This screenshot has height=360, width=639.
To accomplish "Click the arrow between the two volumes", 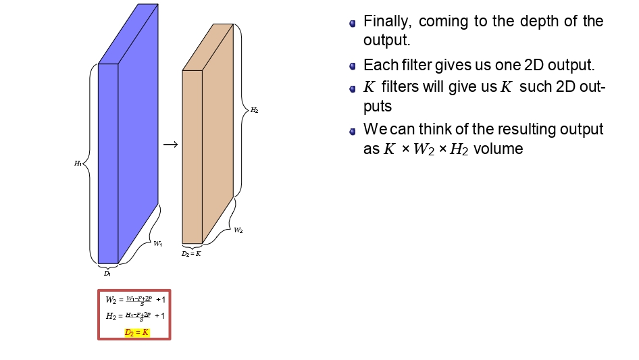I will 171,145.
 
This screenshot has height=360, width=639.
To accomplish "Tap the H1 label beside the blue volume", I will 78,163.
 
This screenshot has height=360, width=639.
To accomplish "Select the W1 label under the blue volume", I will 157,244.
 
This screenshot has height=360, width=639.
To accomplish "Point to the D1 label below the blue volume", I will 107,274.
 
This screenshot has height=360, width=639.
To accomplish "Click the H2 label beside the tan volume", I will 254,110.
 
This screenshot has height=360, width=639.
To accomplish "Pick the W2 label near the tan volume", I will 238,230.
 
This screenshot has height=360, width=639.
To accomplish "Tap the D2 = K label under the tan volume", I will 191,254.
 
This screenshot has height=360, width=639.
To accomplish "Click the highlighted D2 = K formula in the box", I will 136,332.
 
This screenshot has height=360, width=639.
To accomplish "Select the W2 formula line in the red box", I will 135,299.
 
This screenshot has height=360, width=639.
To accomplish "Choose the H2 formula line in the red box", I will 135,315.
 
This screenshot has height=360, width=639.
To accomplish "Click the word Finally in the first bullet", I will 388,21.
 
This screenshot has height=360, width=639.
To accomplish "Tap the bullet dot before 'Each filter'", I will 353,66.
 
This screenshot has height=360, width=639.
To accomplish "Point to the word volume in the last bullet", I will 499,149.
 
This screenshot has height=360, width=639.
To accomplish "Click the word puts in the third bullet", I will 378,107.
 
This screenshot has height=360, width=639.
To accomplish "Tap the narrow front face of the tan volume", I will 193,156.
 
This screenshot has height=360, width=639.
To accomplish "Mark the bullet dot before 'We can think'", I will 353,130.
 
